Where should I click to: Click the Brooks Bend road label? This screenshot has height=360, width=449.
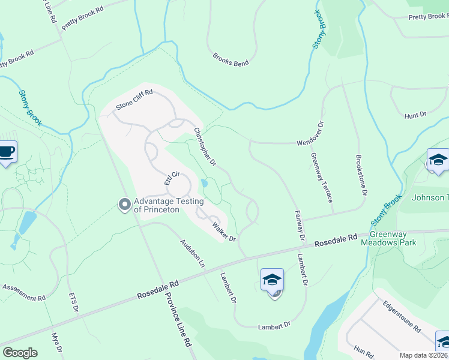coord(231,58)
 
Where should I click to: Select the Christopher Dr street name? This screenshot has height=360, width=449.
coord(204,146)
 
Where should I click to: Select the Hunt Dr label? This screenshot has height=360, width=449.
coord(415,114)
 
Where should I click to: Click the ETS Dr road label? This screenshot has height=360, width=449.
coord(74,304)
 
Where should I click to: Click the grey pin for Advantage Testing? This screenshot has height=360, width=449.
coord(124,205)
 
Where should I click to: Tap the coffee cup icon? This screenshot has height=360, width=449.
coord(7,152)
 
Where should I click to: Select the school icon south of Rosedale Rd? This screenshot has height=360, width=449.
coord(272,280)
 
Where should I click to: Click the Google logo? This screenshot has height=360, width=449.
coord(20,353)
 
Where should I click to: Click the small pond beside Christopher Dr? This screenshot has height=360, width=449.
coord(205,183)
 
